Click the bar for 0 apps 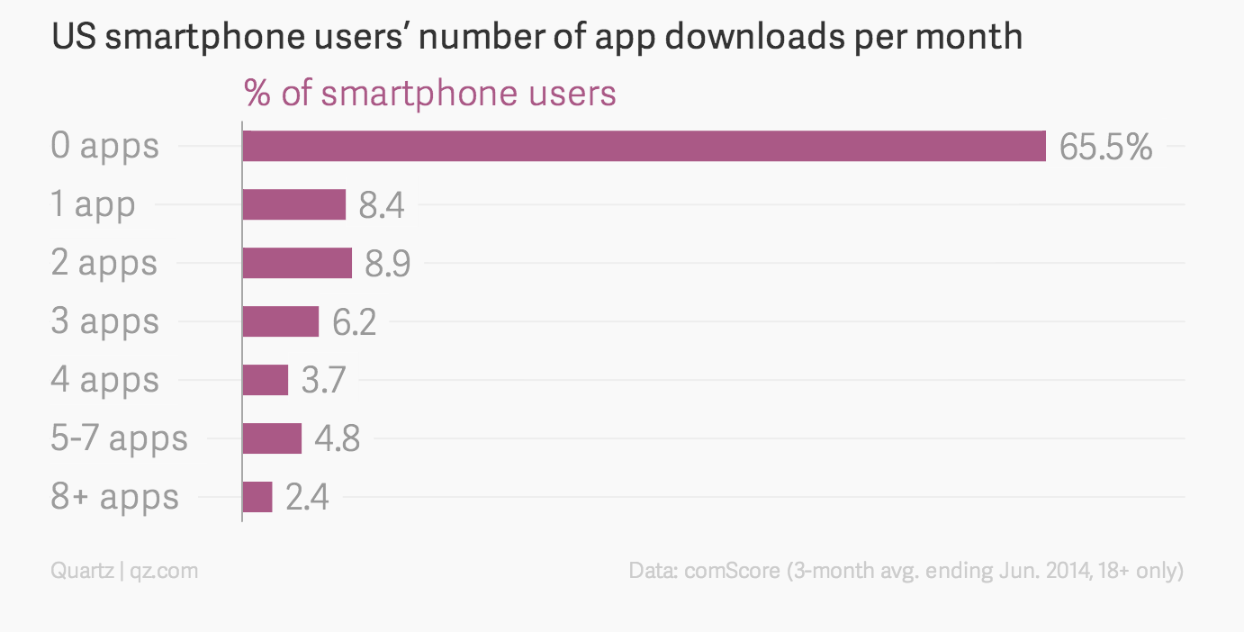644,146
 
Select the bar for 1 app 294,204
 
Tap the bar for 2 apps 297,263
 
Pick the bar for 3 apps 281,321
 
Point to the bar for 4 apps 266,380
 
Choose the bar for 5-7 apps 272,438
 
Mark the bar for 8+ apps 257,497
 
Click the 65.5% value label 1105,147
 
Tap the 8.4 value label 382,206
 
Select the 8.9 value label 388,264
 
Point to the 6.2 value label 355,322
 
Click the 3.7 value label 323,381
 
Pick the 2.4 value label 307,498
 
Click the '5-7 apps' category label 120,438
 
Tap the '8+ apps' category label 115,497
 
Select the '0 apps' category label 105,146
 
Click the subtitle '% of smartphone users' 430,94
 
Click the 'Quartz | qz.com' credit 124,571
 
